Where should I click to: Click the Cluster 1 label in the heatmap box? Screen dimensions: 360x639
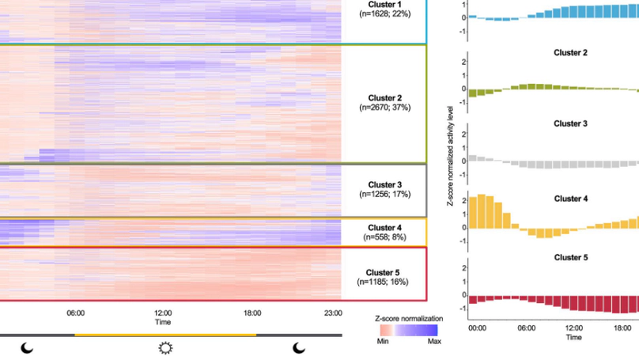[384, 4]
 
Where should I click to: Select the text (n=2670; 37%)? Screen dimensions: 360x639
[384, 107]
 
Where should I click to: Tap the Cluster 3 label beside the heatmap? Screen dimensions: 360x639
[384, 185]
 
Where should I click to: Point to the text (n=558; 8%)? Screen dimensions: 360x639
[384, 237]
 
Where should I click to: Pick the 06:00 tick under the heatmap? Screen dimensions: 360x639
[76, 313]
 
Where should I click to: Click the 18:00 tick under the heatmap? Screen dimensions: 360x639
[252, 313]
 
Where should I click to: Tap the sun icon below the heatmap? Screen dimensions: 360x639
[165, 348]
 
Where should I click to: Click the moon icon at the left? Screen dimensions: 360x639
[27, 348]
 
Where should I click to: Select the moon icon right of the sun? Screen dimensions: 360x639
[299, 348]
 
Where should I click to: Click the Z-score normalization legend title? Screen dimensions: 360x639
[406, 318]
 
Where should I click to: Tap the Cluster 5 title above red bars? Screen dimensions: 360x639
[570, 258]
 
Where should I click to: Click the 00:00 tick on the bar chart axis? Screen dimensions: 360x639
[478, 327]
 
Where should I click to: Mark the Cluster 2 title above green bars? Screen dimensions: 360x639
[570, 53]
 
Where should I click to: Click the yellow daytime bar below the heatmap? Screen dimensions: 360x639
[165, 335]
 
